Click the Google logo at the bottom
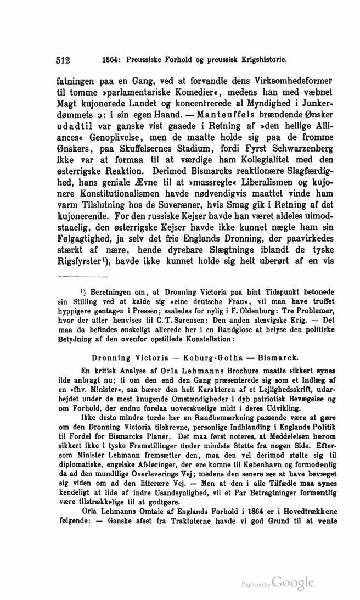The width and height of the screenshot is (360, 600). [x=292, y=584]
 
